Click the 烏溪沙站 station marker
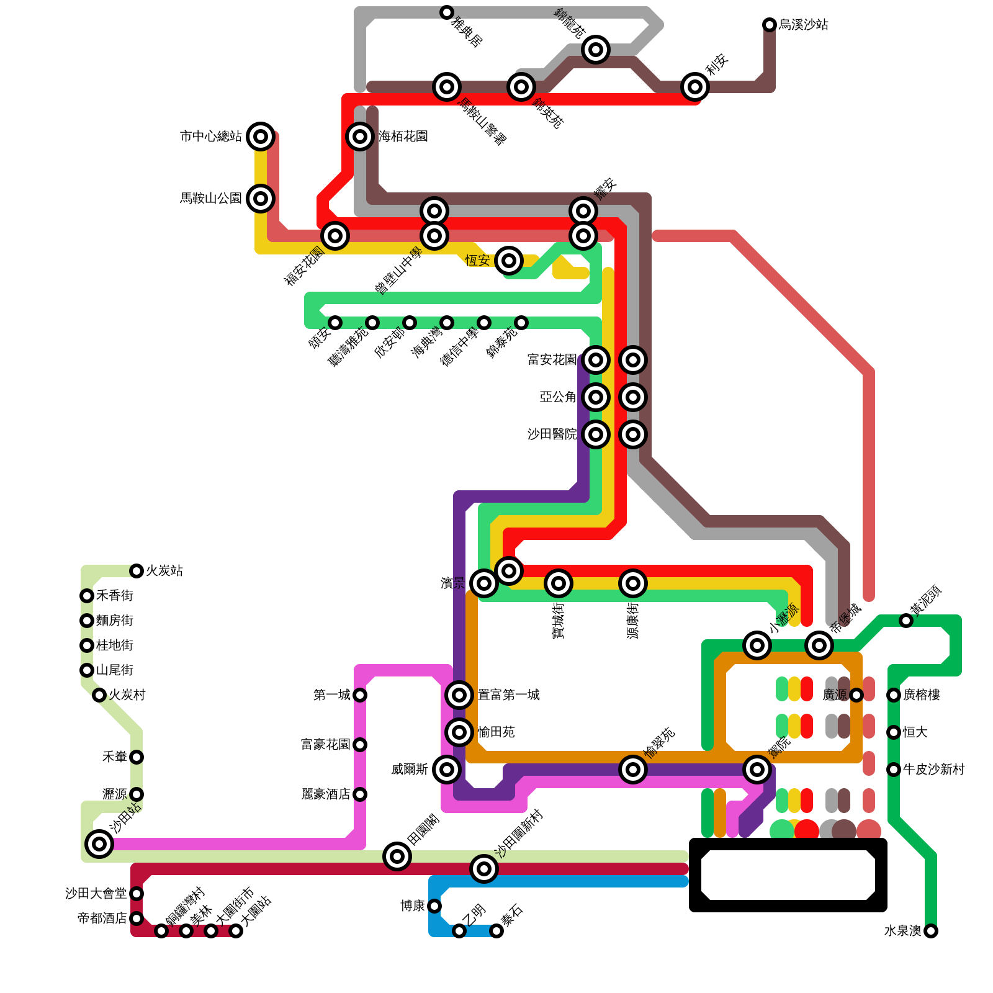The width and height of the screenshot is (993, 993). [x=770, y=25]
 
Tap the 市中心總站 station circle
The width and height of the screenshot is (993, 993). [x=261, y=137]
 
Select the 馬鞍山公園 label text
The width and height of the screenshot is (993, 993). [x=210, y=199]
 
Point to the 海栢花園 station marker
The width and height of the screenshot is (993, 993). [x=360, y=137]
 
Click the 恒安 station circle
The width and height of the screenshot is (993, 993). [x=509, y=261]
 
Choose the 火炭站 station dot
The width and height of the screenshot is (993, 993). [x=137, y=571]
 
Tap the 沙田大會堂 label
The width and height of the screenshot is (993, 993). [x=96, y=894]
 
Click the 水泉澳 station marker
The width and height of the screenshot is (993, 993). [x=931, y=931]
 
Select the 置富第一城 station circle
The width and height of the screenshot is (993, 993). [x=459, y=695]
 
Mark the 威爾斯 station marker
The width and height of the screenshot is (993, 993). [x=447, y=770]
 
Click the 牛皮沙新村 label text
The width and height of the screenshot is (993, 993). [x=934, y=770]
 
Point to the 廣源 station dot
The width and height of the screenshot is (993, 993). [x=856, y=695]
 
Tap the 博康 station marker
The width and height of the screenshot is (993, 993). [x=434, y=906]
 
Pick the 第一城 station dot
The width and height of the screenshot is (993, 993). [x=360, y=695]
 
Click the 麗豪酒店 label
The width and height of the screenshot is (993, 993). [x=326, y=794]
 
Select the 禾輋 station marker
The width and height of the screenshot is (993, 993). [x=137, y=757]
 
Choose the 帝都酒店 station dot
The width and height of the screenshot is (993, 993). [x=137, y=919]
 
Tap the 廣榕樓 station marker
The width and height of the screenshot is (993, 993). [x=894, y=695]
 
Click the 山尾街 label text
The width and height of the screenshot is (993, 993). [x=115, y=670]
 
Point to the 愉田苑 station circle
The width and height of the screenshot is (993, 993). [x=459, y=732]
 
